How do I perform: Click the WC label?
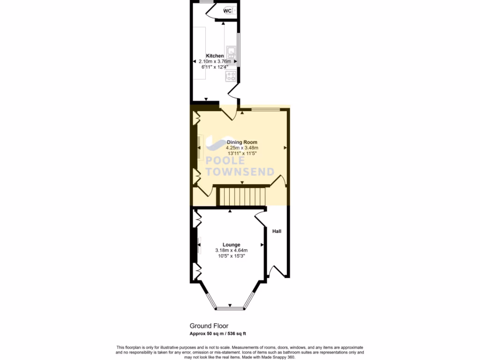coord(227,11)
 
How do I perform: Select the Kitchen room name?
coord(215,56)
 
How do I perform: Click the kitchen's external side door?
coord(233,90)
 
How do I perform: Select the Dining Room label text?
coord(242,142)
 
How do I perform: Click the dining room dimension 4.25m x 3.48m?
coord(242,148)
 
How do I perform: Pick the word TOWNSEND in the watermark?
coord(240,172)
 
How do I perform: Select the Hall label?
coord(277,231)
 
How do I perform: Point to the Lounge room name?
coord(232,245)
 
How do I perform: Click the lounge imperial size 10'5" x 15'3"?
coord(232,256)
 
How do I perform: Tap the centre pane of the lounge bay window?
coord(230,308)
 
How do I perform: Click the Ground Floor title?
coord(209,326)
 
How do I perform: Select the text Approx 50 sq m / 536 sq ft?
coord(217,334)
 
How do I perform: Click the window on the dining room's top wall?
coord(266,109)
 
